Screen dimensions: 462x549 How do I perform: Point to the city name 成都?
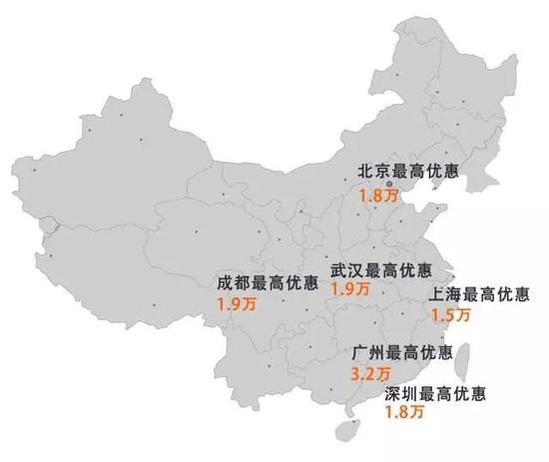232,281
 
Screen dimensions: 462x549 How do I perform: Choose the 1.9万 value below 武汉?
349,289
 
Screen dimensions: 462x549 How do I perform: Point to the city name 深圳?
400,393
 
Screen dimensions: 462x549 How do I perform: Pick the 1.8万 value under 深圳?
404,411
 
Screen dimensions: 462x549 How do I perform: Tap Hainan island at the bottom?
344,431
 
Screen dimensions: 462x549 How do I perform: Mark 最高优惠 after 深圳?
451,393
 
